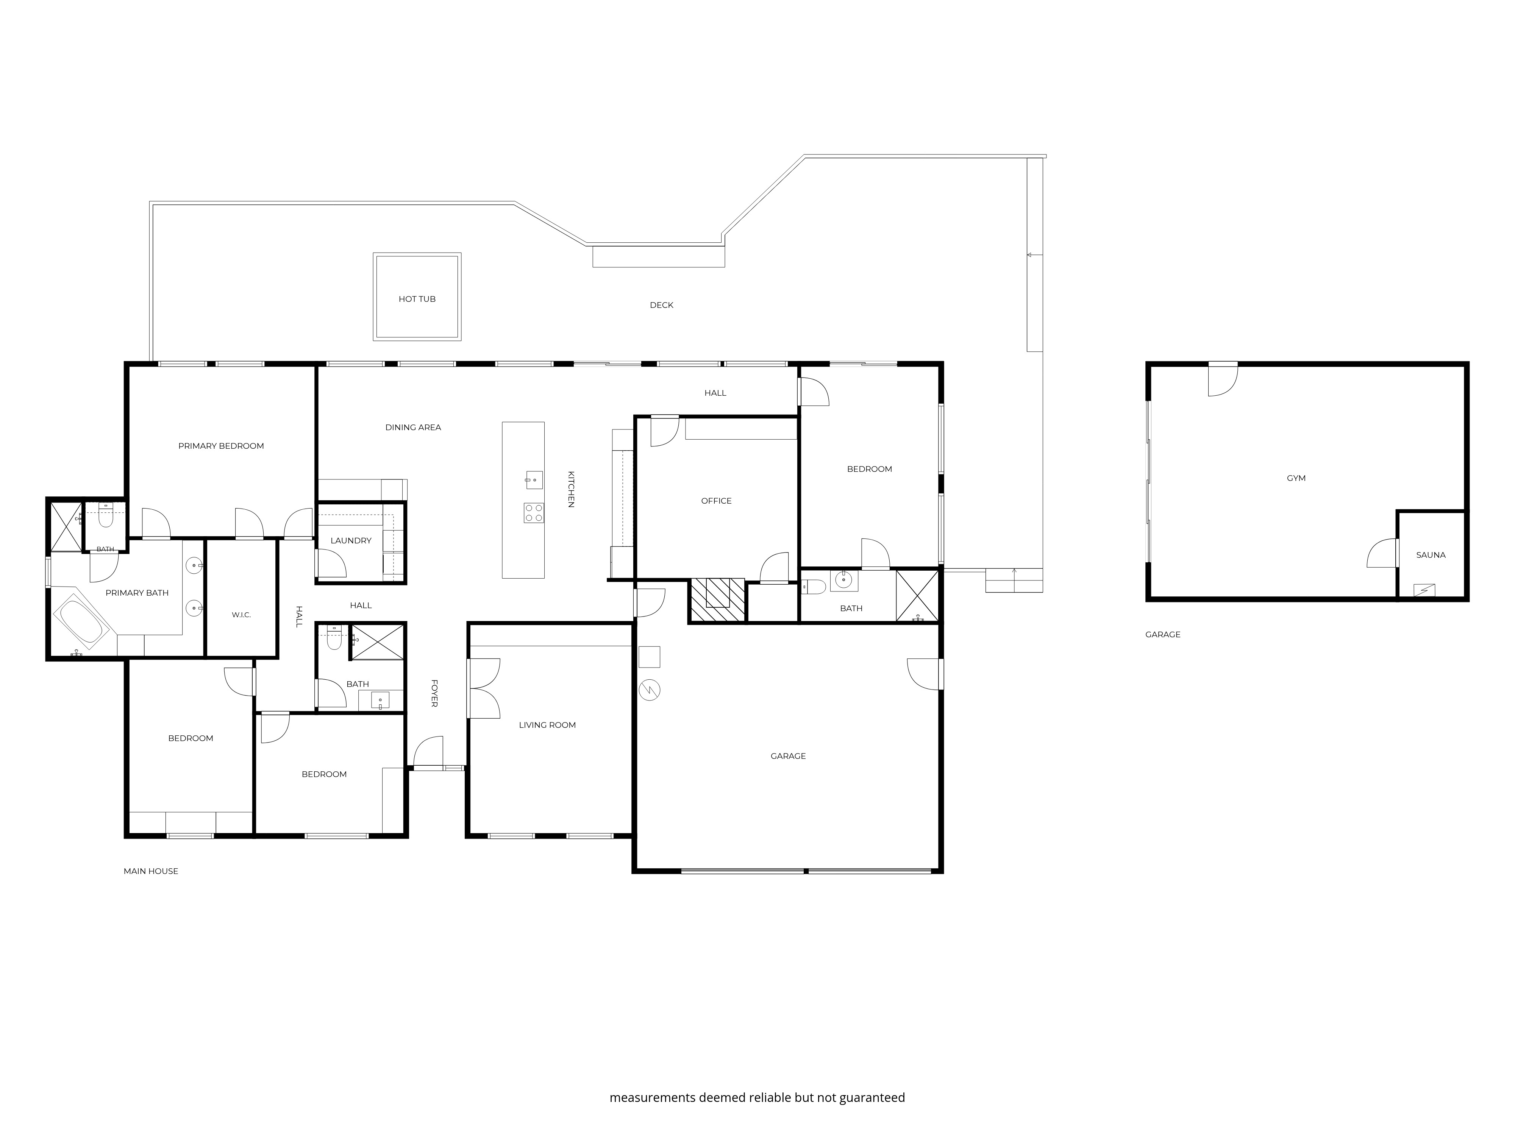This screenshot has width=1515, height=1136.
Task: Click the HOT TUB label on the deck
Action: (x=417, y=299)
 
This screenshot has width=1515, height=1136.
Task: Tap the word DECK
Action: (x=662, y=306)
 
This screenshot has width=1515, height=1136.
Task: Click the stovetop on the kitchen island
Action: (x=534, y=513)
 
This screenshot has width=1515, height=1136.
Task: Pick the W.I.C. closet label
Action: (x=241, y=615)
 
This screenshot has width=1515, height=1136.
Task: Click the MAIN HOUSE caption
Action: (x=151, y=871)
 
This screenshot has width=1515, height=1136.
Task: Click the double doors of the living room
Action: (x=484, y=688)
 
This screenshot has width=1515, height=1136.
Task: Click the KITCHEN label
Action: (x=570, y=489)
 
